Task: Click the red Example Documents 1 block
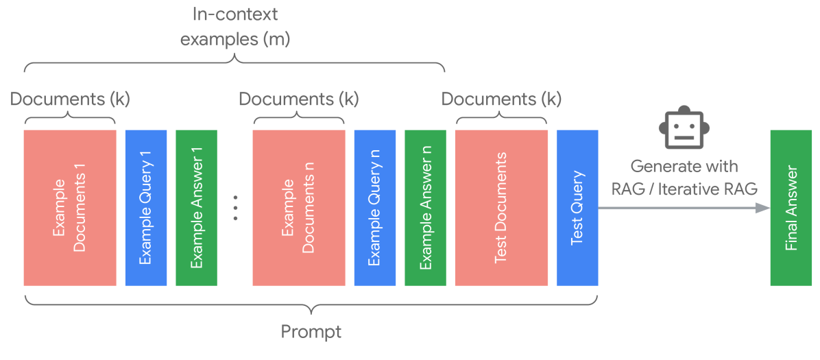coord(69,208)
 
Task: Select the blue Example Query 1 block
coord(146,208)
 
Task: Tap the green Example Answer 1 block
coord(197,208)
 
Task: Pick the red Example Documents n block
coord(298,208)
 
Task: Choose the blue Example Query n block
coord(375,208)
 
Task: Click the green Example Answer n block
coord(426,208)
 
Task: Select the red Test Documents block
coord(501,208)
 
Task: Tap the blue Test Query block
coord(577,208)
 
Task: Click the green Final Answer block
coord(792,208)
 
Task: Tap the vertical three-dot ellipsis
coord(235,207)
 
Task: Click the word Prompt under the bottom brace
coord(311,332)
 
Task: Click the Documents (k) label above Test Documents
coord(501,99)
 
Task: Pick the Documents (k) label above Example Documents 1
coord(69,99)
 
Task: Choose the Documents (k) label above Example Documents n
coord(298,99)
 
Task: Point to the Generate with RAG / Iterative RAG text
coord(684,177)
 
